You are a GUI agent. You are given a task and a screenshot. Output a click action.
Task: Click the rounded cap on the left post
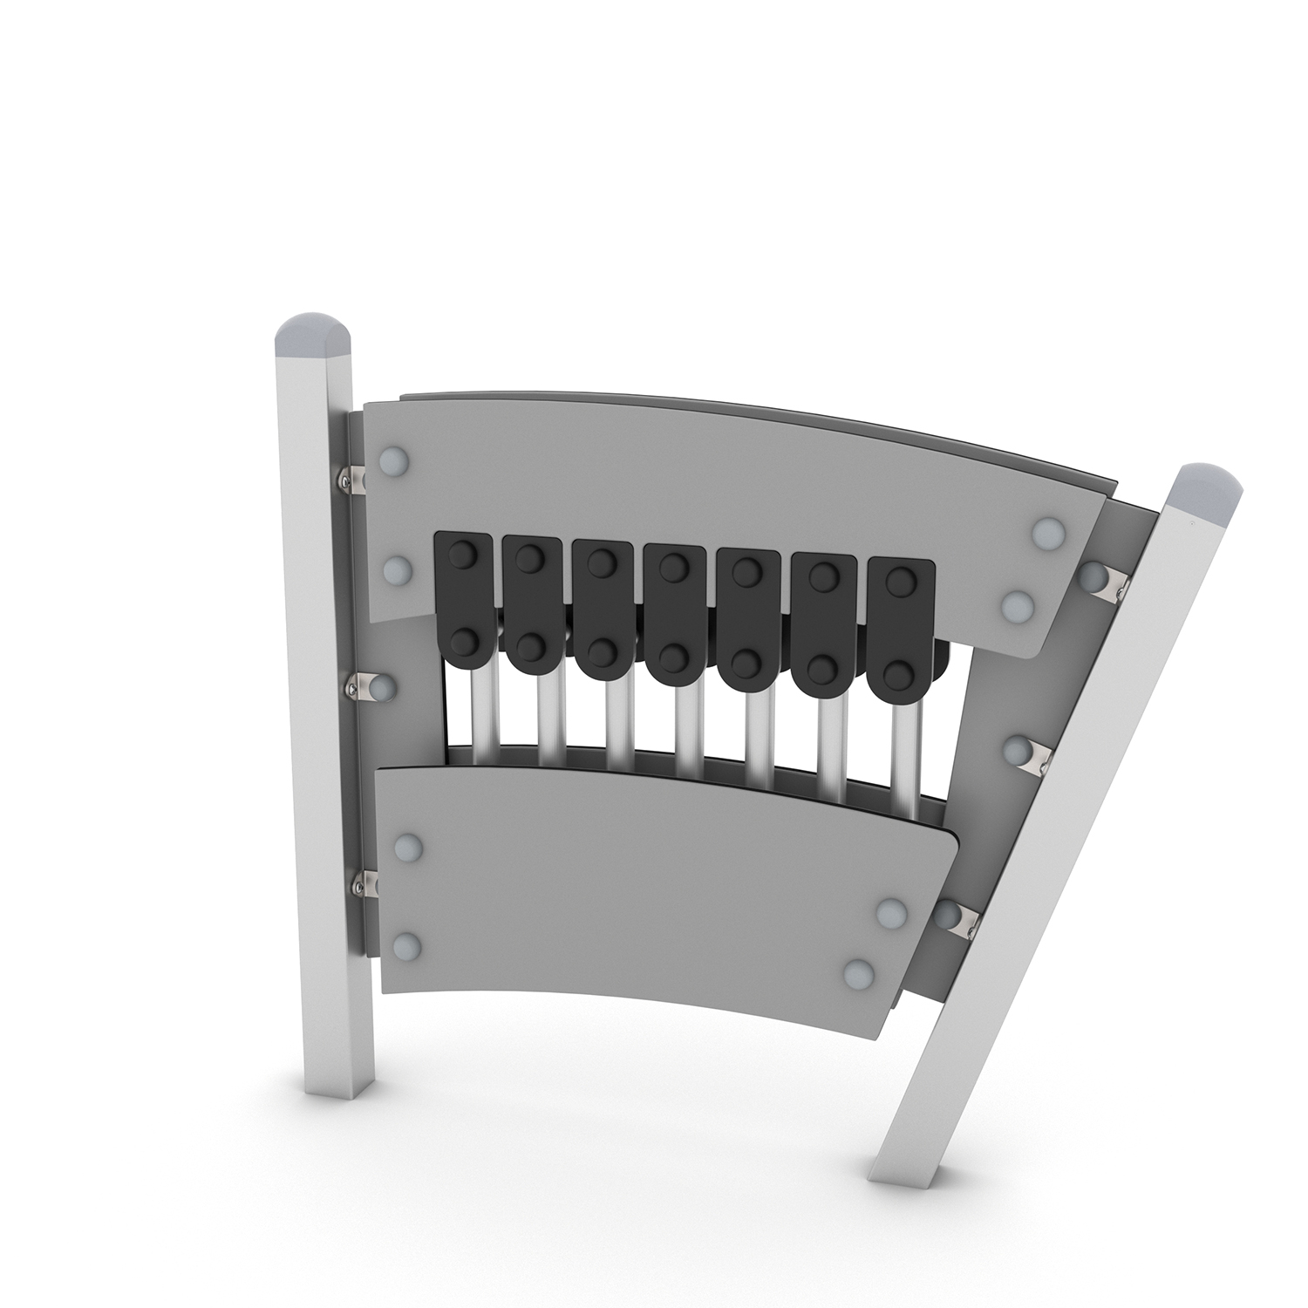click(315, 337)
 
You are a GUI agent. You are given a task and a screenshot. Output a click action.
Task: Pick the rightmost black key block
click(901, 623)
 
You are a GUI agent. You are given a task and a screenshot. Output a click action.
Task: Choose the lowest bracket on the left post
click(368, 886)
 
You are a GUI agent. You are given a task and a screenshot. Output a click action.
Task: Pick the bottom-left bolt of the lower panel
click(407, 945)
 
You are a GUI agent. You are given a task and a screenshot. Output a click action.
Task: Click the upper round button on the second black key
click(527, 559)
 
